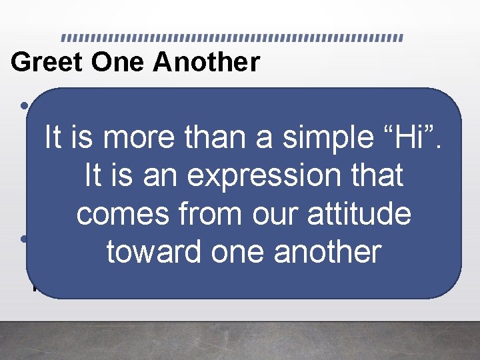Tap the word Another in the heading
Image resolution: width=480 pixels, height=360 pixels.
pos(206,62)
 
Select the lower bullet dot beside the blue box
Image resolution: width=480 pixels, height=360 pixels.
pos(24,239)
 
